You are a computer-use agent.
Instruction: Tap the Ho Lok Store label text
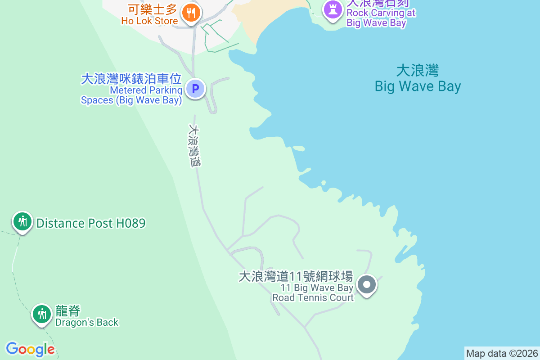[149, 21]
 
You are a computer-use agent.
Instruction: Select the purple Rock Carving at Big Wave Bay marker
[332, 10]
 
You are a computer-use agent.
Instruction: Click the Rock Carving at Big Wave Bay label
[381, 18]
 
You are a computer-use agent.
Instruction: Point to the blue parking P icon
[195, 89]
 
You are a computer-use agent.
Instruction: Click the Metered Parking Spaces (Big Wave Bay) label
[131, 95]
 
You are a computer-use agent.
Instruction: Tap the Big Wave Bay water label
[418, 86]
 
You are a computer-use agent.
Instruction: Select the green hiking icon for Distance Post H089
[22, 221]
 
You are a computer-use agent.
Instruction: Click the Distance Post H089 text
[91, 223]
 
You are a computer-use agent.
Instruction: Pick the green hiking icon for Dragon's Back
[42, 314]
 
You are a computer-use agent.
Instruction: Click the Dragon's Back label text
[87, 322]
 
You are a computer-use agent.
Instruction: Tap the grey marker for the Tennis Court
[367, 284]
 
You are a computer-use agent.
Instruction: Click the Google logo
[31, 349]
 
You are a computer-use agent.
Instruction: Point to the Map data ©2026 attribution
[502, 353]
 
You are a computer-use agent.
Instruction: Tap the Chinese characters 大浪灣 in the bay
[418, 71]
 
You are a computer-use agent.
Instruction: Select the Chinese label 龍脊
[68, 311]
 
